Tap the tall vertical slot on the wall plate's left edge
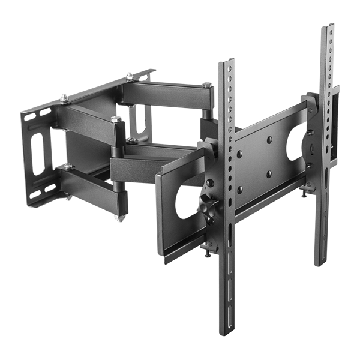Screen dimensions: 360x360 pyautogui.click(x=37, y=154)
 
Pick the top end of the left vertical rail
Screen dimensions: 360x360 pyautogui.click(x=229, y=62)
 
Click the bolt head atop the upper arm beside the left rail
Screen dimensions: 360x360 pyautogui.click(x=206, y=85)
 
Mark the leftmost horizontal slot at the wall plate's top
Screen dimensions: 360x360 pyautogui.click(x=45, y=113)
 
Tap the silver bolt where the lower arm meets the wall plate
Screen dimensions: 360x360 pyautogui.click(x=68, y=166)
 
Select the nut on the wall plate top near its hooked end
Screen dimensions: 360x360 pyautogui.click(x=128, y=75)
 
